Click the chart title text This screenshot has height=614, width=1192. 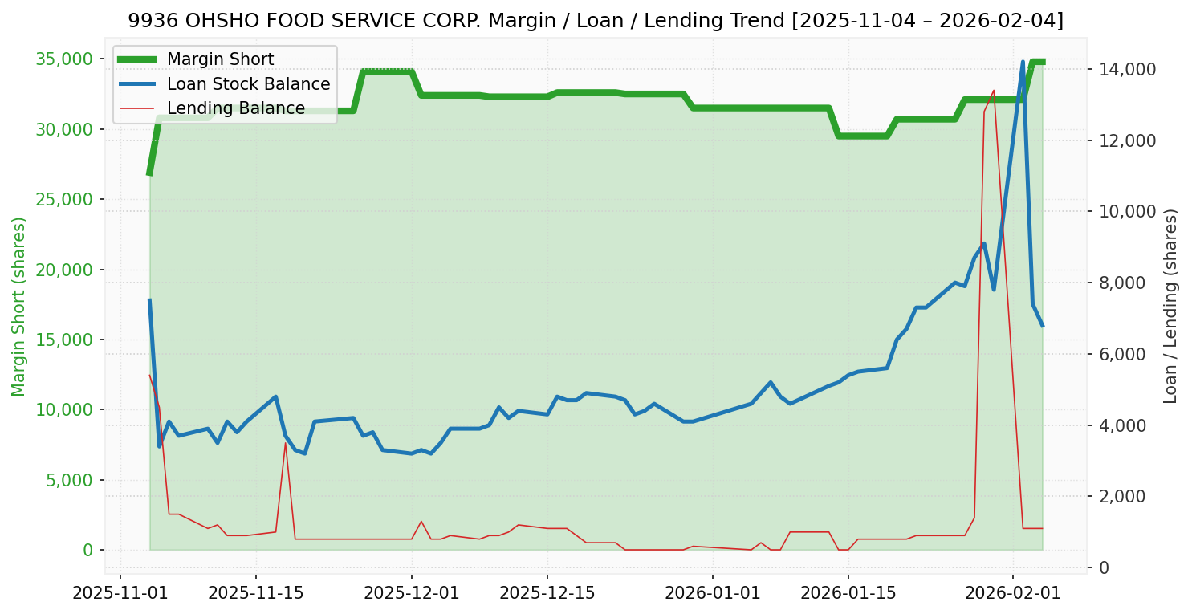[596, 21]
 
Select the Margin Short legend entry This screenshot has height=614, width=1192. [220, 59]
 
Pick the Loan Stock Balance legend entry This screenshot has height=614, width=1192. [248, 84]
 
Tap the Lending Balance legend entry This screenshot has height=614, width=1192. [235, 108]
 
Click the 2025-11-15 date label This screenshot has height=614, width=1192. [256, 594]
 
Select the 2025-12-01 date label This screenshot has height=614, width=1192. [411, 594]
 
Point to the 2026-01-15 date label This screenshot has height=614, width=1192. [847, 594]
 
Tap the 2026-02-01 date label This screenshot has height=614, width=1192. [1012, 594]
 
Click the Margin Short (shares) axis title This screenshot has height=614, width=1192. [18, 307]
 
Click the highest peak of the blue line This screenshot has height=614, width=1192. [1023, 62]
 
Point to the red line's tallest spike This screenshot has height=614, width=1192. [994, 90]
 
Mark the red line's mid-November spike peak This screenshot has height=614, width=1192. [285, 443]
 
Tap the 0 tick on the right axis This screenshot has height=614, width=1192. [1105, 568]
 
